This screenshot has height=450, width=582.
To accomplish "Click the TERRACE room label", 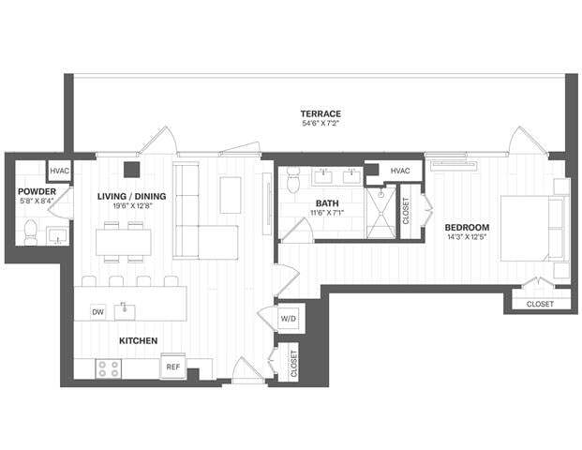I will click(x=321, y=113).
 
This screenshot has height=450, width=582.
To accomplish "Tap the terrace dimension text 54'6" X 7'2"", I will click(x=321, y=124).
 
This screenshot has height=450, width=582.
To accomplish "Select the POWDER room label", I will click(x=37, y=192).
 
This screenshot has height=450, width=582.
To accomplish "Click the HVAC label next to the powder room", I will click(x=59, y=172).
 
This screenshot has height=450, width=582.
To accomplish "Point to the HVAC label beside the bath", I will click(x=400, y=171).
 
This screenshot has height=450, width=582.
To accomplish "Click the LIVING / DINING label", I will click(x=132, y=195).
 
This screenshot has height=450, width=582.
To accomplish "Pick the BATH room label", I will click(x=327, y=202).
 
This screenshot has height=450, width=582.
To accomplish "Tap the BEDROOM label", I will click(x=466, y=227).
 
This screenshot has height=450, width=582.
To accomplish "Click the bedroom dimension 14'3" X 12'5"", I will click(x=466, y=238).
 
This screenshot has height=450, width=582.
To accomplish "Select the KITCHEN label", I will click(x=137, y=340).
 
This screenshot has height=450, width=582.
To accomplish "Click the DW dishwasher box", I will click(x=97, y=311).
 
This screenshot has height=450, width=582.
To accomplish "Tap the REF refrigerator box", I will click(x=173, y=367).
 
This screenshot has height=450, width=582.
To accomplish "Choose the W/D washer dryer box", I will click(x=289, y=319).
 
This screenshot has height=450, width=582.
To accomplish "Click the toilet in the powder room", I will click(x=30, y=231).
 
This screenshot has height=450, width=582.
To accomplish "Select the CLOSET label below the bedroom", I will click(x=540, y=304).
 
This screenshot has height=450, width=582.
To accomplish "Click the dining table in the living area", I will click(x=123, y=242).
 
